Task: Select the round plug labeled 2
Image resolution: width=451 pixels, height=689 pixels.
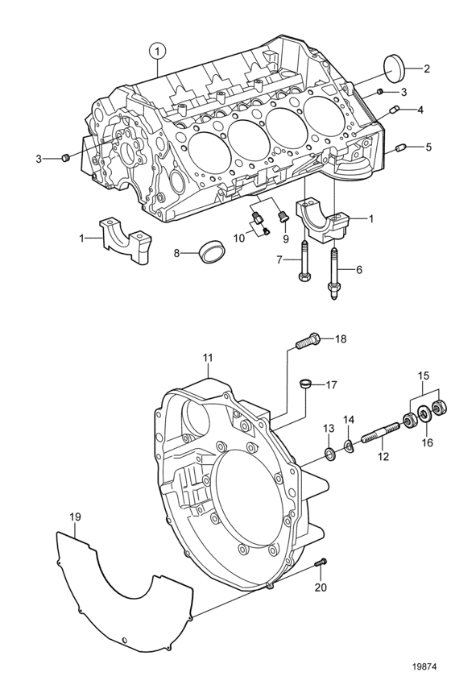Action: pyautogui.click(x=394, y=67)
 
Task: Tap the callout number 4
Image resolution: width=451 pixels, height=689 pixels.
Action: pyautogui.click(x=420, y=110)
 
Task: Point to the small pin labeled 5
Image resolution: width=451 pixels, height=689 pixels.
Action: pyautogui.click(x=401, y=148)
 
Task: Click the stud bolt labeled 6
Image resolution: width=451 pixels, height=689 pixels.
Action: pyautogui.click(x=333, y=274)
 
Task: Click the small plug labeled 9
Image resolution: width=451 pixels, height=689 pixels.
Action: pyautogui.click(x=283, y=217)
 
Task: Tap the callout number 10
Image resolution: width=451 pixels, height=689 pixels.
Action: pyautogui.click(x=238, y=239)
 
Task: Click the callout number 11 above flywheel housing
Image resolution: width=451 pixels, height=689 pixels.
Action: pyautogui.click(x=207, y=358)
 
